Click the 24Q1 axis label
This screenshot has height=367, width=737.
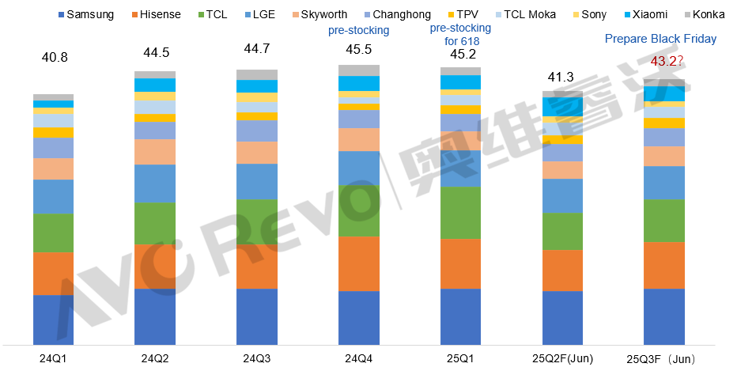point(53,358)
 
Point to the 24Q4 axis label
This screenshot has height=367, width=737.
point(358,358)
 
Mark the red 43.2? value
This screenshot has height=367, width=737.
point(667,60)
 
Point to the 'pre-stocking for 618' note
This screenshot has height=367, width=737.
point(459,35)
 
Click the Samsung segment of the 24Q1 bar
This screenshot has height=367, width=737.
point(53,320)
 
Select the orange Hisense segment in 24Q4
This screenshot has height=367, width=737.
point(358,263)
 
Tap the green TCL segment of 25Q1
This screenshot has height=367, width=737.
point(460,212)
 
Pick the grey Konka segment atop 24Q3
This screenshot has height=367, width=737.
point(257,74)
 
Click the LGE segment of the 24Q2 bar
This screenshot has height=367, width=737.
point(155,183)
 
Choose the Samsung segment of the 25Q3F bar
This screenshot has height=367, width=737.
point(664,316)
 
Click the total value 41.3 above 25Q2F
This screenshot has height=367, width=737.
point(562,78)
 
